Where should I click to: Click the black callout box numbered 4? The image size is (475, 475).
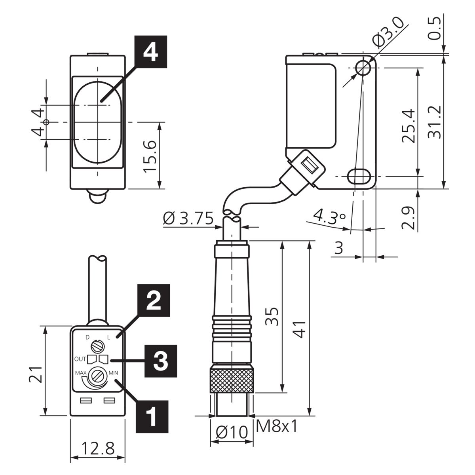[150, 52]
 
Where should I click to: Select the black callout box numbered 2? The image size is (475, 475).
[154, 300]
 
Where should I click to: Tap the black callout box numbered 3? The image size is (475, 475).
[161, 361]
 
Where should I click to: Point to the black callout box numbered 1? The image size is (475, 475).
[152, 416]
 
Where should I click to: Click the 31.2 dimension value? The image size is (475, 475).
[435, 122]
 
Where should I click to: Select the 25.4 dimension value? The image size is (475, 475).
[408, 126]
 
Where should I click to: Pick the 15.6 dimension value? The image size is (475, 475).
[150, 156]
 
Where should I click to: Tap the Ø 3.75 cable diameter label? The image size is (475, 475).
[188, 218]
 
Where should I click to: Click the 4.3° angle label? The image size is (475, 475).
[330, 217]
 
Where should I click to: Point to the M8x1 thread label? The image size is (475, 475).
[277, 426]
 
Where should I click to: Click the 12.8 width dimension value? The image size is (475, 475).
[98, 448]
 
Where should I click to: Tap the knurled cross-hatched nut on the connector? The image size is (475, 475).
[232, 381]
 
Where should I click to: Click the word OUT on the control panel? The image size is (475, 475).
[80, 359]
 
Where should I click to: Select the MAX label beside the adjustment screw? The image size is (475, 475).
[81, 373]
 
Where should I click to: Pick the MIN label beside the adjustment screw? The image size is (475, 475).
[113, 373]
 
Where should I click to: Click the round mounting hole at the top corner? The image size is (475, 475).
[363, 68]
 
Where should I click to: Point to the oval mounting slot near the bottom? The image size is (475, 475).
[359, 176]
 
